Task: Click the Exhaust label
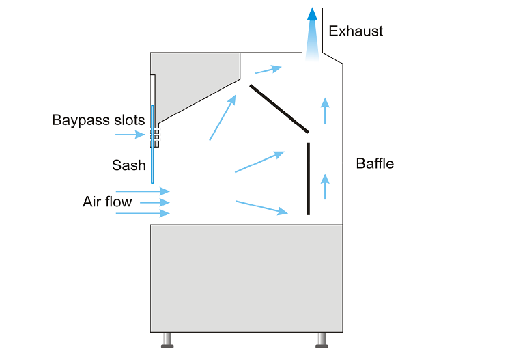point(356,31)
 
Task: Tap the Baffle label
point(375,163)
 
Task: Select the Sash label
point(129,165)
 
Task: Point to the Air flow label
point(107,202)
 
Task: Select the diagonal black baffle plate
point(279,108)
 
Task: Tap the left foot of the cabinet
point(167,340)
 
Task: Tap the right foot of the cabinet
point(322,340)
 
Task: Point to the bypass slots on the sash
point(155,135)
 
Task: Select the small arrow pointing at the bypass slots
point(130,135)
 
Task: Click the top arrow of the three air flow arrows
point(143,192)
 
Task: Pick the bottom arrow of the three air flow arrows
point(143,214)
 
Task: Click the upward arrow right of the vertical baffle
point(325,186)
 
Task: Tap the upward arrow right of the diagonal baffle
point(325,110)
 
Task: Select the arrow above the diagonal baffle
point(268,69)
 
